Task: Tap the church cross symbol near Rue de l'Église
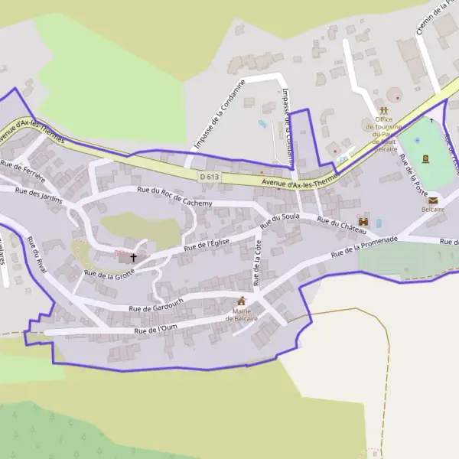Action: pyautogui.click(x=134, y=258)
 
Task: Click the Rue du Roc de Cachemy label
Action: pyautogui.click(x=174, y=196)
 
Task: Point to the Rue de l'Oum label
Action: pyautogui.click(x=156, y=330)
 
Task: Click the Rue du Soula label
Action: pyautogui.click(x=279, y=221)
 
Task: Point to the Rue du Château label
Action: pyautogui.click(x=336, y=225)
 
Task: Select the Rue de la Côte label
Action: pyautogui.click(x=258, y=258)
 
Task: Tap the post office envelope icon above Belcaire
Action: pyautogui.click(x=433, y=200)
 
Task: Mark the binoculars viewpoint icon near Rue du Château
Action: pyautogui.click(x=364, y=221)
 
